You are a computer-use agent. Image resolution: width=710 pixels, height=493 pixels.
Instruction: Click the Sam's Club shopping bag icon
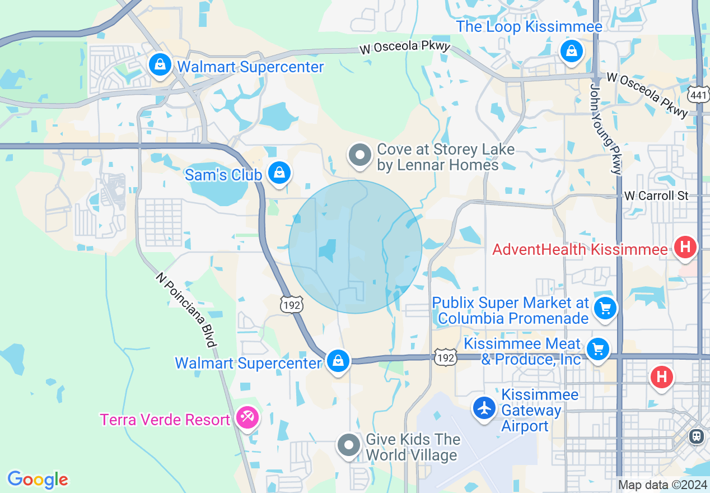pos(279,173)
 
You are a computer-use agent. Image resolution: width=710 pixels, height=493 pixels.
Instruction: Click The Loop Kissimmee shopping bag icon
pos(571,52)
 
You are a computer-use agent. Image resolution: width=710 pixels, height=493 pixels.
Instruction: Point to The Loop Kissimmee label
pos(529,26)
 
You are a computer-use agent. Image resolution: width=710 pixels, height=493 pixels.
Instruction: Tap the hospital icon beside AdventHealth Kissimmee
pos(685,247)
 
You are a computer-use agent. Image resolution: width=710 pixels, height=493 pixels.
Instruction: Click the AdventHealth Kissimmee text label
pos(580,249)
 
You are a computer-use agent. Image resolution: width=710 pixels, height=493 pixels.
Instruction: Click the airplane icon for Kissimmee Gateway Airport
pos(484,408)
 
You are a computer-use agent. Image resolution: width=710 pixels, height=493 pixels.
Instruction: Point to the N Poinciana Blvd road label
pos(186,309)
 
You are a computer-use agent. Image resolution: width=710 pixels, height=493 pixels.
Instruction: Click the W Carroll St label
pos(656,196)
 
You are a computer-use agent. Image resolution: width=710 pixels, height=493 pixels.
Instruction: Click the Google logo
pos(38,480)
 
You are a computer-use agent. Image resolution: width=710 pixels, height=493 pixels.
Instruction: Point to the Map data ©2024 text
pos(662,485)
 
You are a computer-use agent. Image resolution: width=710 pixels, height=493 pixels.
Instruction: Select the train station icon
pos(697,436)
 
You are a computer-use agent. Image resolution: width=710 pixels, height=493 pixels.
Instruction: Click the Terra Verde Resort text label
pos(165,420)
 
